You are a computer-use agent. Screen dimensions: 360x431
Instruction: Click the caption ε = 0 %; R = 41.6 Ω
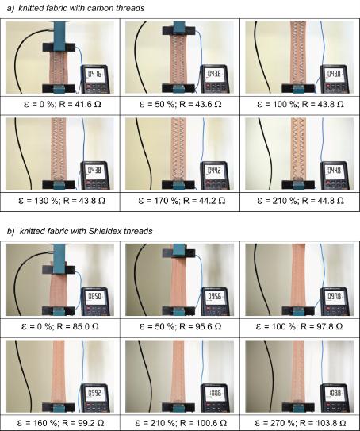(63, 105)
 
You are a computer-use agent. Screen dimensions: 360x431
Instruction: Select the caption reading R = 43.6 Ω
(181, 105)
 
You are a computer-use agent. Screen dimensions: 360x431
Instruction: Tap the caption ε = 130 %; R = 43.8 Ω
(62, 201)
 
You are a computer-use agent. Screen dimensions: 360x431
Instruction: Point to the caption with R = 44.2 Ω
(182, 201)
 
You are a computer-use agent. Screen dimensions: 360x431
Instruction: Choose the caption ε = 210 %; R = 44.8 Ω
(301, 201)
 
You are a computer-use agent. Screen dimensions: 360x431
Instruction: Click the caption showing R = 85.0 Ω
(59, 326)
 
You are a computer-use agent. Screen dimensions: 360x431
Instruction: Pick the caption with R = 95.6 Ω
(181, 326)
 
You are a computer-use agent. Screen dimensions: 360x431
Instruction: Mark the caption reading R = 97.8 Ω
(299, 326)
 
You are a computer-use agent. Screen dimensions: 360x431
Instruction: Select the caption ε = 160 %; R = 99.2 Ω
(61, 423)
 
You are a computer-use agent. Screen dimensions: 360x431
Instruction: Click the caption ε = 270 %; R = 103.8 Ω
(301, 423)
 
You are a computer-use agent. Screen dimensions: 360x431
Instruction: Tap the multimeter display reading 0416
(94, 75)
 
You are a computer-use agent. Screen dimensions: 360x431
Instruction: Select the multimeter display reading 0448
(334, 171)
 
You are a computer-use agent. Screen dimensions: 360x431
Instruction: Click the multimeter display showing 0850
(94, 297)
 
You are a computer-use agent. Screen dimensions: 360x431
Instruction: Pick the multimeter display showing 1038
(335, 394)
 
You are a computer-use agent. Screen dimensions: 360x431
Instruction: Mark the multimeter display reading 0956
(214, 297)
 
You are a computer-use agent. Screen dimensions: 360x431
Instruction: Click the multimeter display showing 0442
(214, 171)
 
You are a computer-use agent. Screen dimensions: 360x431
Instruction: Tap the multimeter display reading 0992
(94, 394)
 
